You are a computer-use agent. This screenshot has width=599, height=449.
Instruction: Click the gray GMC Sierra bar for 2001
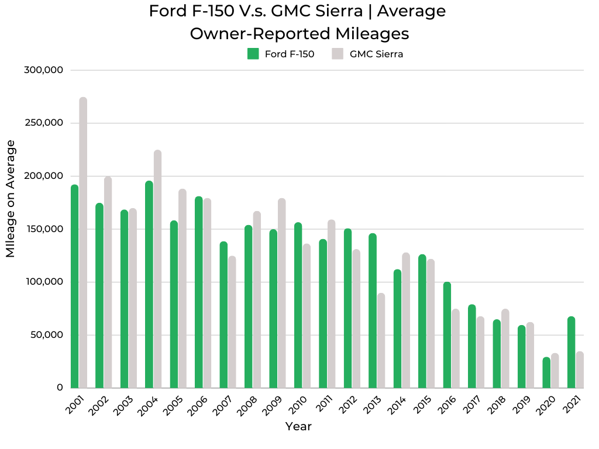[x=83, y=243]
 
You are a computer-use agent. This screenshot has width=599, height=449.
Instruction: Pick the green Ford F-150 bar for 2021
[x=571, y=353]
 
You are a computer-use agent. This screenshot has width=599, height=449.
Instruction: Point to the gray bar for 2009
[x=282, y=293]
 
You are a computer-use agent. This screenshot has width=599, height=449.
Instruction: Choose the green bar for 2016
[x=447, y=335]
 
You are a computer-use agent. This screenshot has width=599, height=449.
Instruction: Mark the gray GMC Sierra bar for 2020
[x=555, y=371]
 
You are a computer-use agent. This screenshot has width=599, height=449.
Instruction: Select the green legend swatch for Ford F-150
[x=253, y=54]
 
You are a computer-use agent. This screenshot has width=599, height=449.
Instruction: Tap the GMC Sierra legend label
[x=376, y=54]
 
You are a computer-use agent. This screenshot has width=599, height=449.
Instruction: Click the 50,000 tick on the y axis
[x=46, y=335]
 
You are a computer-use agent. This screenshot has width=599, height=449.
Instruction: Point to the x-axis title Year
[x=298, y=427]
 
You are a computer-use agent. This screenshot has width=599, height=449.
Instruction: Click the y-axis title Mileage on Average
[x=11, y=199]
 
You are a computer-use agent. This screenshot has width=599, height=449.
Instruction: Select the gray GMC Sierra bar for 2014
[x=406, y=320]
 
